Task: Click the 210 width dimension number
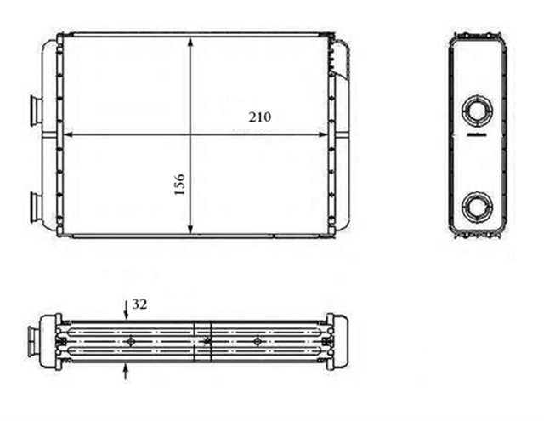[x=259, y=117]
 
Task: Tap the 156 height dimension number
[x=179, y=185]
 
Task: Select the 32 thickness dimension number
[x=139, y=303]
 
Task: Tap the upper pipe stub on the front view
[x=37, y=110]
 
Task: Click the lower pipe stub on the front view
[x=37, y=204]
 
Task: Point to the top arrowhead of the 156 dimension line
[x=191, y=42]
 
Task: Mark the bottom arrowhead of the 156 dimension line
[x=191, y=230]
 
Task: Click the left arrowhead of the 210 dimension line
[x=69, y=134]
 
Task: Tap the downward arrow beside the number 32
[x=126, y=312]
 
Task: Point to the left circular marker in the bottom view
[x=130, y=341]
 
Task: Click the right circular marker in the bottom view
[x=257, y=341]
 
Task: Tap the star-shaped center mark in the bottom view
[x=207, y=341]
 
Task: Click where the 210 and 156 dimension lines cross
[x=191, y=134]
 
